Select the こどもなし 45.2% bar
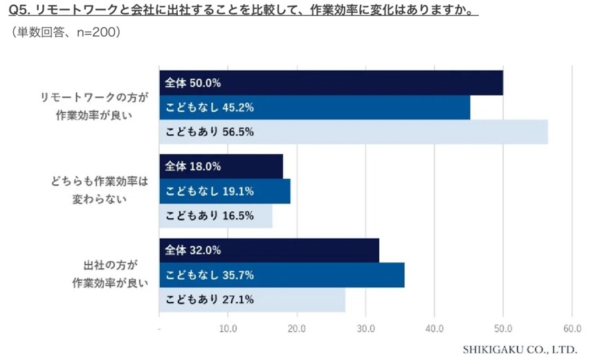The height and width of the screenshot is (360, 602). pos(314,107)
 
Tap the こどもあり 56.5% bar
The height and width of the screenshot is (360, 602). pos(353,132)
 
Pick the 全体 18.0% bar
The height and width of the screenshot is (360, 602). pos(221,166)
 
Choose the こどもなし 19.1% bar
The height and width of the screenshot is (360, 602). pos(224,191)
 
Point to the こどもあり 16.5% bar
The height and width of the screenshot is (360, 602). pos(215,216)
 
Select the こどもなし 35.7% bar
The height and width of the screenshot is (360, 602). pos(282,275)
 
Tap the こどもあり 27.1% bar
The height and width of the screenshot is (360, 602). pos(252,300)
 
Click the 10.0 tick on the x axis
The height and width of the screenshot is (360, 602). pos(228,328)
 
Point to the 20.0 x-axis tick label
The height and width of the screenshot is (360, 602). pos(297,328)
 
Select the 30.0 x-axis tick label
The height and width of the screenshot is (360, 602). pos(365,328)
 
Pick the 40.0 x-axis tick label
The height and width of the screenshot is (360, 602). pos(434,328)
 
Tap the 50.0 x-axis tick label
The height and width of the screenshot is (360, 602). pos(503,328)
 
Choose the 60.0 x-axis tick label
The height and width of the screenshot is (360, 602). pos(572,328)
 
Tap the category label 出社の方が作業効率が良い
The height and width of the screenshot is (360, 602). pos(110,274)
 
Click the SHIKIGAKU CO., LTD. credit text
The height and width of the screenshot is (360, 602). pos(519,349)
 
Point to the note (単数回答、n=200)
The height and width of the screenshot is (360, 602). pos(66,32)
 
